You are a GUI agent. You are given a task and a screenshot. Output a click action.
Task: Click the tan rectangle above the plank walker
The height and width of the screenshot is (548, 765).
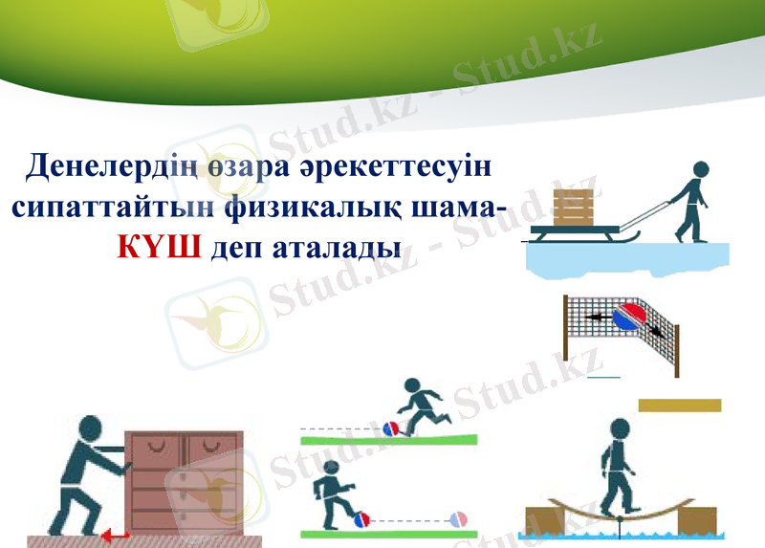[x=679, y=406]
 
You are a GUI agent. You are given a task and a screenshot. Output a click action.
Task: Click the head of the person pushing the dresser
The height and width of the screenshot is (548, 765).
[x=91, y=429]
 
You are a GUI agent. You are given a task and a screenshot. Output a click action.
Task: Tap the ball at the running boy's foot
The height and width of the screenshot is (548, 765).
[x=391, y=429]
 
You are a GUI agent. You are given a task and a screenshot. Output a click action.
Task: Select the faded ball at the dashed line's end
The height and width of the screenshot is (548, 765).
[x=459, y=520]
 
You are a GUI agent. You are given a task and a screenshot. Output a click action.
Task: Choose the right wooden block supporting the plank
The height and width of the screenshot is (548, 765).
[x=696, y=519]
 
